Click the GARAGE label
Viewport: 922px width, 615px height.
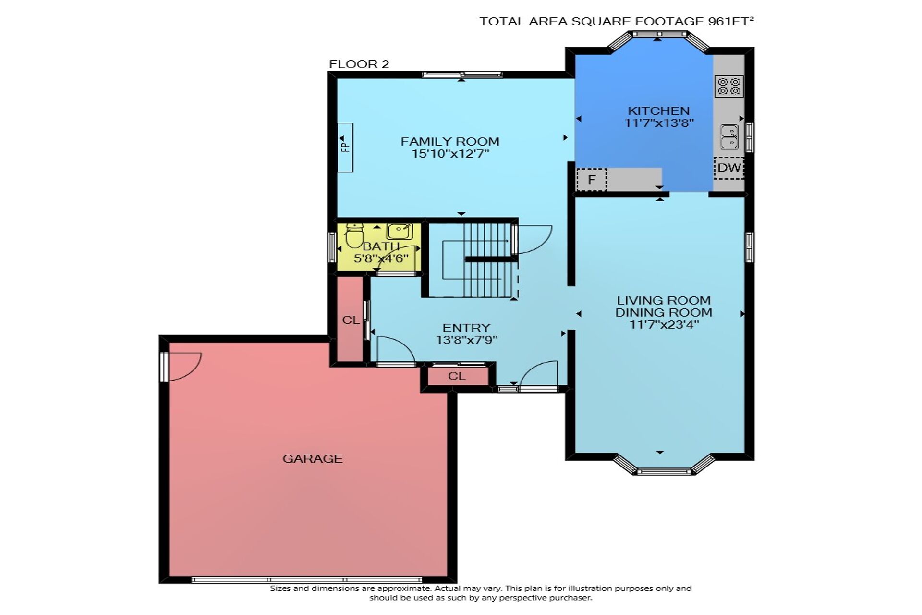click(x=313, y=459)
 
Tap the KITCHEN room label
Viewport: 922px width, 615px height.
click(x=659, y=111)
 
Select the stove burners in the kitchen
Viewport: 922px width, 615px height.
click(x=729, y=86)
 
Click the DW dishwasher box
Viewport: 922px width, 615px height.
click(x=729, y=168)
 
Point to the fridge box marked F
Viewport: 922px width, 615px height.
click(x=592, y=180)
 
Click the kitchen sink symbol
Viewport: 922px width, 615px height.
click(x=729, y=137)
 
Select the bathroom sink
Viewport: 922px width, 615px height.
click(x=400, y=232)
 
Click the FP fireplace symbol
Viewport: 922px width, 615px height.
click(x=345, y=148)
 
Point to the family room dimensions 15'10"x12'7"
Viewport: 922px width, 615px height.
click(x=450, y=154)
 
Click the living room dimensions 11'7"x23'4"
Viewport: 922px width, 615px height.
click(x=664, y=324)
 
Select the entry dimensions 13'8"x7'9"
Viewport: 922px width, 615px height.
click(x=466, y=340)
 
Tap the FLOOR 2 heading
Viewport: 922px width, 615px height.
click(x=359, y=64)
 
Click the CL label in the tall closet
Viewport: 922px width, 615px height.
click(x=351, y=320)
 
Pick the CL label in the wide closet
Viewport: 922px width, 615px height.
click(x=457, y=376)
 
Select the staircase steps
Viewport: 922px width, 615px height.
click(x=485, y=259)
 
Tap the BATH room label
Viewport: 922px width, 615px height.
click(x=381, y=246)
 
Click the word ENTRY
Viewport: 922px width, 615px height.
click(x=466, y=328)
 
